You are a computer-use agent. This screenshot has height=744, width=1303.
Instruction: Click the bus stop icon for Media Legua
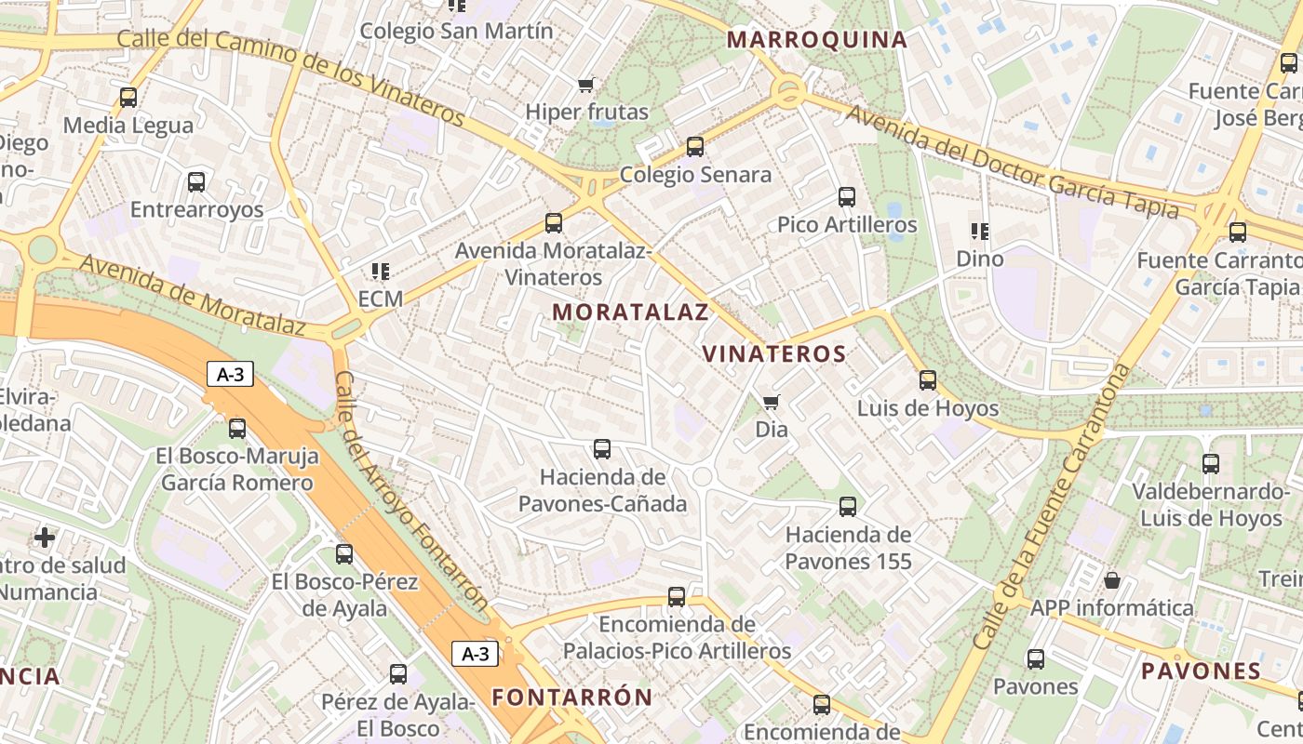pos(128,98)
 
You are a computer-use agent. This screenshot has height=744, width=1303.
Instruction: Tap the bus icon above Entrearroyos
pos(196,182)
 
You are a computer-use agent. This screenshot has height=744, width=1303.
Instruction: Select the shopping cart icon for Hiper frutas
pos(586,86)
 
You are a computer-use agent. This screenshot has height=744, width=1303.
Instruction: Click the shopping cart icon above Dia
pos(771,403)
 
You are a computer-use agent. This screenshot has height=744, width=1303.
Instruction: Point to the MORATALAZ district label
pos(631,312)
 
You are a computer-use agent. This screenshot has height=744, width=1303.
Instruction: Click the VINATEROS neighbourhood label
pos(774,354)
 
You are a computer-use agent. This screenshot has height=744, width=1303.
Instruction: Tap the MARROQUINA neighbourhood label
pos(817,40)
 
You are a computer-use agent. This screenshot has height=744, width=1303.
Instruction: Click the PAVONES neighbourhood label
pos(1202,671)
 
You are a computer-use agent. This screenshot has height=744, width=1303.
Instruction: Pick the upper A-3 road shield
pos(230,375)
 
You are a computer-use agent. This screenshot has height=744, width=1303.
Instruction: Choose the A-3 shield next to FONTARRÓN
pos(476,654)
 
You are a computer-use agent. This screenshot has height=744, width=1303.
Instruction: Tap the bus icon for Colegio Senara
pos(695,147)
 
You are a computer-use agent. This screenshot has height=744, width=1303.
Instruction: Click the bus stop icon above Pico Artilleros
pos(847,197)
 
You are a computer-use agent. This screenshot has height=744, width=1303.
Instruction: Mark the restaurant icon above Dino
pos(979,232)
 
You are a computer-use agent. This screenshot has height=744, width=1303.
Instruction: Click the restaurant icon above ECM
pos(380,272)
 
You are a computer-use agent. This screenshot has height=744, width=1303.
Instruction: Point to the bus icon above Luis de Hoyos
pos(928,380)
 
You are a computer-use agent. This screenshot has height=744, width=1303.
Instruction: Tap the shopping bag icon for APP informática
pos(1111,581)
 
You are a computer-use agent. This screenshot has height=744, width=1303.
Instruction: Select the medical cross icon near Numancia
pos(45,538)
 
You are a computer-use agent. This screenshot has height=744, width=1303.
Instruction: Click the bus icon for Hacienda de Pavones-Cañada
pos(602,449)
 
